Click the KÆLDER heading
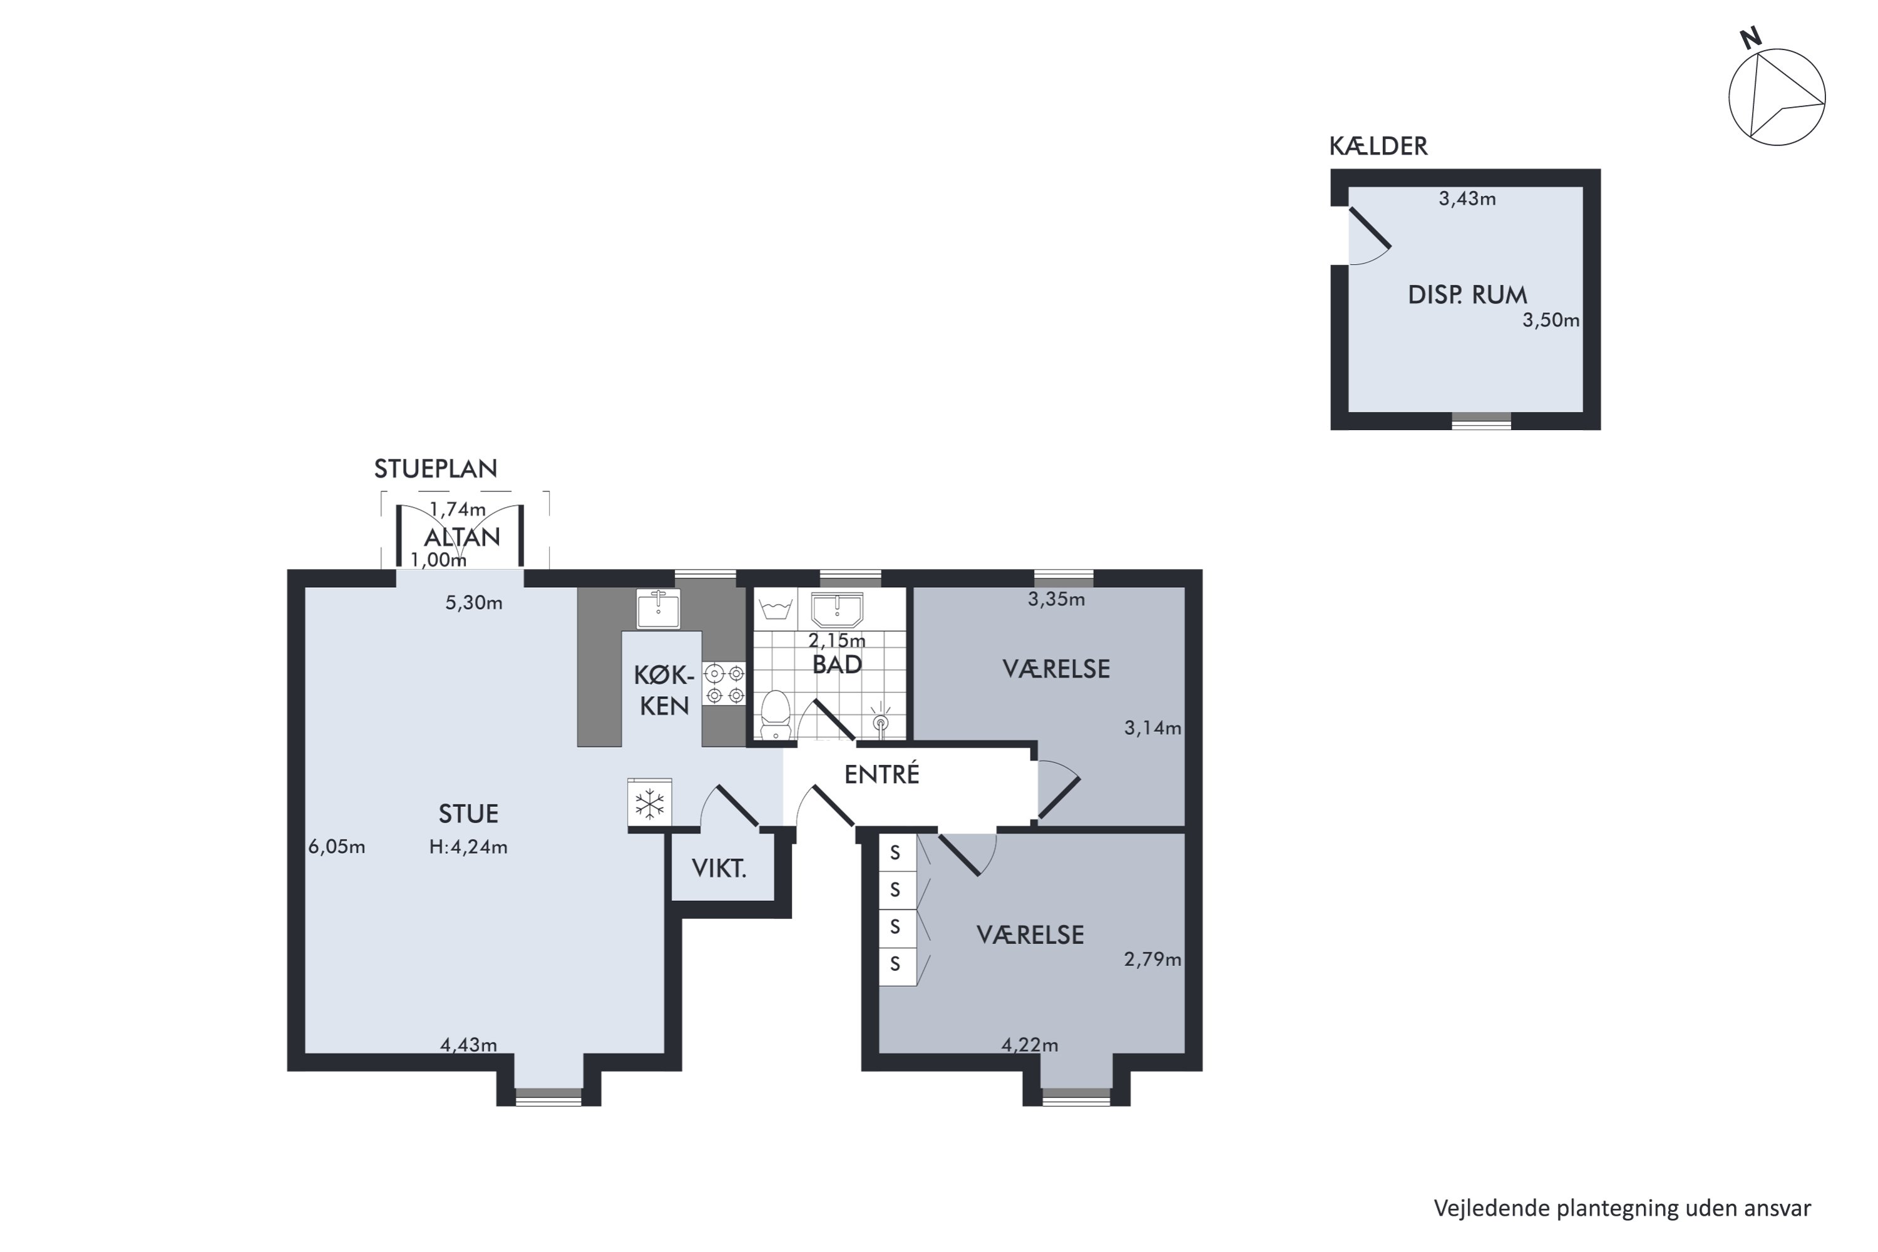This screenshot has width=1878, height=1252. (1378, 146)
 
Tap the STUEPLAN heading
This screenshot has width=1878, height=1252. (436, 469)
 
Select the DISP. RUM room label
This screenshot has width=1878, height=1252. (1467, 295)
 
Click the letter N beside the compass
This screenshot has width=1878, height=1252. (1751, 38)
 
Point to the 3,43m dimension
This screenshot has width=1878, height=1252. (1467, 199)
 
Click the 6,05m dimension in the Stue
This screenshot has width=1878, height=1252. (337, 846)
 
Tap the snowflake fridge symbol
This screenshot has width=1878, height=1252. (650, 803)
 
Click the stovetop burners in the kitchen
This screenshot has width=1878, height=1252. (724, 684)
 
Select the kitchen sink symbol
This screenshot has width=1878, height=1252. (658, 608)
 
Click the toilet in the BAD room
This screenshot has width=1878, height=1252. (774, 716)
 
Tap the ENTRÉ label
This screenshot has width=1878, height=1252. (882, 774)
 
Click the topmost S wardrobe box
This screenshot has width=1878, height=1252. (896, 853)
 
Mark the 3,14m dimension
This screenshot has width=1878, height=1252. (1153, 727)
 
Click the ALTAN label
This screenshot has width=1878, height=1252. (463, 536)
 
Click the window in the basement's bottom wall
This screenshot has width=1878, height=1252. (1481, 421)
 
